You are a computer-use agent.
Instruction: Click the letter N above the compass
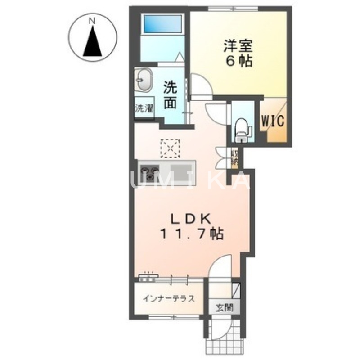pos(92,21)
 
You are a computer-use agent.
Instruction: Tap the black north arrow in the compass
pos(93,43)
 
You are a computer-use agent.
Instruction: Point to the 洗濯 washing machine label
pos(144,108)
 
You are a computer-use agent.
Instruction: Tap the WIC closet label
pos(271,121)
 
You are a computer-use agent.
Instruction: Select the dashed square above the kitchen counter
pos(170,148)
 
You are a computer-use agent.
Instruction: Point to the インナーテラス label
pos(169,299)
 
